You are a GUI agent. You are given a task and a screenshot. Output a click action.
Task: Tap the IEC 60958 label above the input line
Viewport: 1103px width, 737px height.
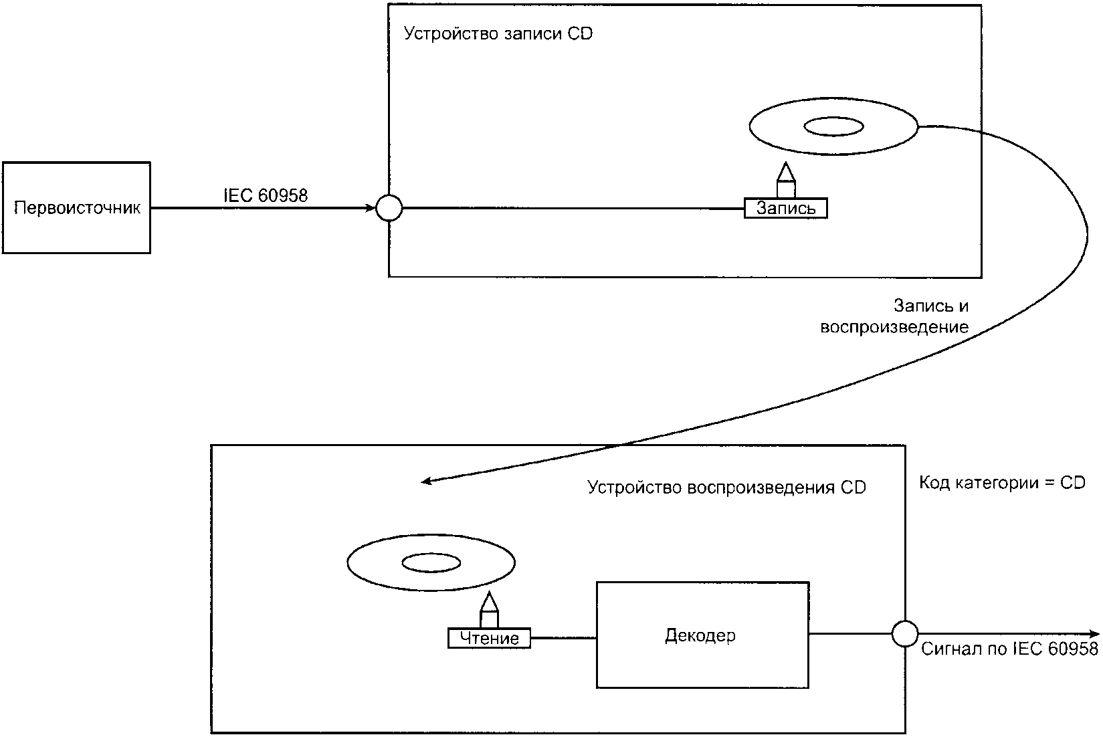pyautogui.click(x=266, y=195)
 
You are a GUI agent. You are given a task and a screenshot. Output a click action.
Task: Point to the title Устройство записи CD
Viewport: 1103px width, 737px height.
pyautogui.click(x=498, y=33)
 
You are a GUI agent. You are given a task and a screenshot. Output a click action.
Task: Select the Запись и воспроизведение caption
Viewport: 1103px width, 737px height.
pyautogui.click(x=894, y=316)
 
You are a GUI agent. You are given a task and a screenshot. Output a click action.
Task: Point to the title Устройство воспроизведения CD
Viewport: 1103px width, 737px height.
pyautogui.click(x=726, y=488)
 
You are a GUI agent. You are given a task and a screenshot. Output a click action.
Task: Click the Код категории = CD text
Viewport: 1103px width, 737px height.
pyautogui.click(x=1002, y=482)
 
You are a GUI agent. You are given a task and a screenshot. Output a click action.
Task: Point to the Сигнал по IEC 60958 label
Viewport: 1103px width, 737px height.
pyautogui.click(x=1009, y=649)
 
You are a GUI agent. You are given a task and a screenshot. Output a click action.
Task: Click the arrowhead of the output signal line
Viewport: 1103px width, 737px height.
pyautogui.click(x=1094, y=633)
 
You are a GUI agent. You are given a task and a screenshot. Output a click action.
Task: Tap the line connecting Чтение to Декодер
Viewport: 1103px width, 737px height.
pyautogui.click(x=563, y=638)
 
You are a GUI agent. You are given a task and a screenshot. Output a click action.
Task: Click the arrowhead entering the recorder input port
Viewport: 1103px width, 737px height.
pyautogui.click(x=370, y=208)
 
